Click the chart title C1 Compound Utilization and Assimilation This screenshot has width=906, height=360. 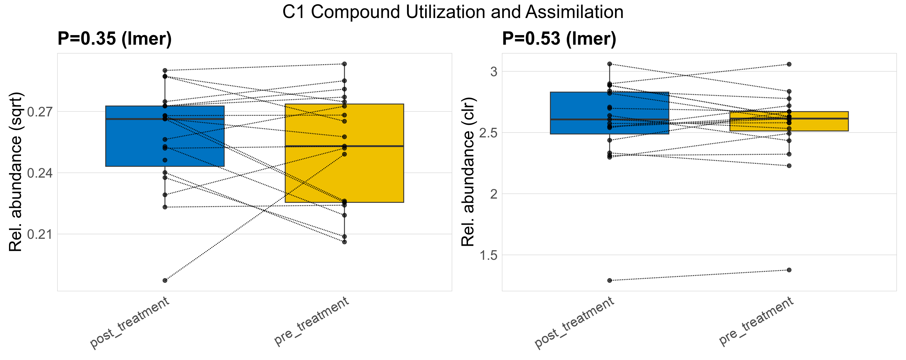coord(453,12)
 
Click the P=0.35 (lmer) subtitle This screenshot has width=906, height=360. coord(114,38)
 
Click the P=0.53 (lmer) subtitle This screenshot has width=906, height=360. coord(559,38)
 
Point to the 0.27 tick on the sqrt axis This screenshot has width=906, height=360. coord(40,112)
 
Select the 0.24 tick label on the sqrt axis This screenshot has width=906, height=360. coord(40,173)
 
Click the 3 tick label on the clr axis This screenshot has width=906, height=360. coord(494,72)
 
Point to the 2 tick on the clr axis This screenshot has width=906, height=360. coord(494,194)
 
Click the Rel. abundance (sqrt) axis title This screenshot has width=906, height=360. coord(16,172)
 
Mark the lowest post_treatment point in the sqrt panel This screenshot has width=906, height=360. coord(165,280)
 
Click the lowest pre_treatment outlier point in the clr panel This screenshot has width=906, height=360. coord(789,270)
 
